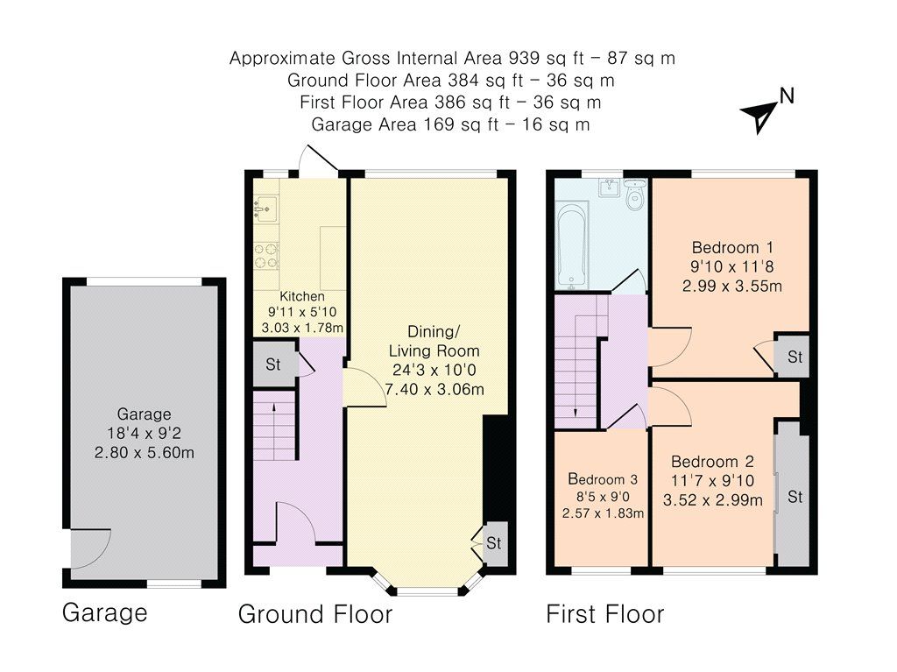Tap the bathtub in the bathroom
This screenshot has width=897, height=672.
pyautogui.click(x=572, y=245)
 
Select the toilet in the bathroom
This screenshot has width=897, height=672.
pyautogui.click(x=634, y=195)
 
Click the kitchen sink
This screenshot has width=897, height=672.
pyautogui.click(x=265, y=209)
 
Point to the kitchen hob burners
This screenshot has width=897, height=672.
pyautogui.click(x=266, y=255)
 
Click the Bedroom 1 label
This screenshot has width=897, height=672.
pyautogui.click(x=732, y=248)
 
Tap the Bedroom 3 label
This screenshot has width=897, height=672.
pyautogui.click(x=603, y=479)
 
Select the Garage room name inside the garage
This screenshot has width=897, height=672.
pyautogui.click(x=145, y=414)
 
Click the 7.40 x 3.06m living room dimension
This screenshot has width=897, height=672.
pyautogui.click(x=434, y=389)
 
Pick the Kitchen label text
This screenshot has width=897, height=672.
pyautogui.click(x=302, y=296)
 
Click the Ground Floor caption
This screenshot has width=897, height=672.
pyautogui.click(x=315, y=614)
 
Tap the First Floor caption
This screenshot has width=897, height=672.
pyautogui.click(x=605, y=614)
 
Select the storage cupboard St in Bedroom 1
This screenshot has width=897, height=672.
pyautogui.click(x=795, y=357)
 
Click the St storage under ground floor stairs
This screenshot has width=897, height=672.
pyautogui.click(x=273, y=364)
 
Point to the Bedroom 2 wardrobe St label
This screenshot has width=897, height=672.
pyautogui.click(x=795, y=496)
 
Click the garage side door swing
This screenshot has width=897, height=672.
pyautogui.click(x=91, y=548)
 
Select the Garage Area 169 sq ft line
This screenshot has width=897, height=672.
pyautogui.click(x=450, y=124)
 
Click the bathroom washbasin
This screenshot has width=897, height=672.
pyautogui.click(x=611, y=187)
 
